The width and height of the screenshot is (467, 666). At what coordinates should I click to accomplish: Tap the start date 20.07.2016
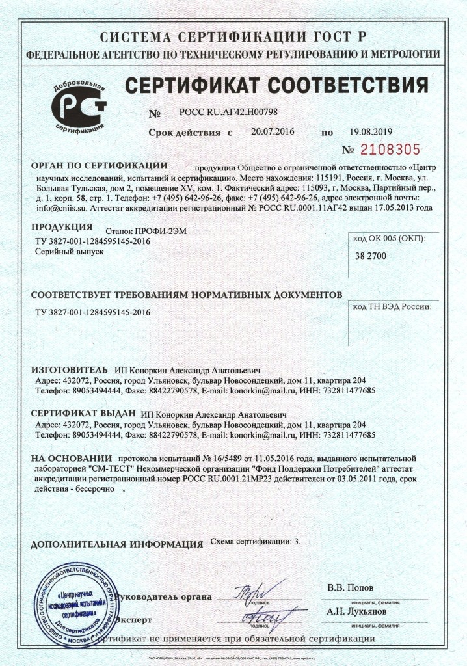[x=273, y=131]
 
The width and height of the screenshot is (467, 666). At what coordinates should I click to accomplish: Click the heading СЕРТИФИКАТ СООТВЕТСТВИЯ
[x=276, y=85]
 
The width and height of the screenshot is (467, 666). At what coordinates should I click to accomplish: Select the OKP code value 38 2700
[x=371, y=256]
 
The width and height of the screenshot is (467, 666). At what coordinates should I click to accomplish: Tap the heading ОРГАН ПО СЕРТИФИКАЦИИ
[x=100, y=166]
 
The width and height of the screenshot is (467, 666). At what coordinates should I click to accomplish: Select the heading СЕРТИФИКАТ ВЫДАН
[x=83, y=413]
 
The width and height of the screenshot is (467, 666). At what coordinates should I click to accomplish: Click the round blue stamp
[x=77, y=602]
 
